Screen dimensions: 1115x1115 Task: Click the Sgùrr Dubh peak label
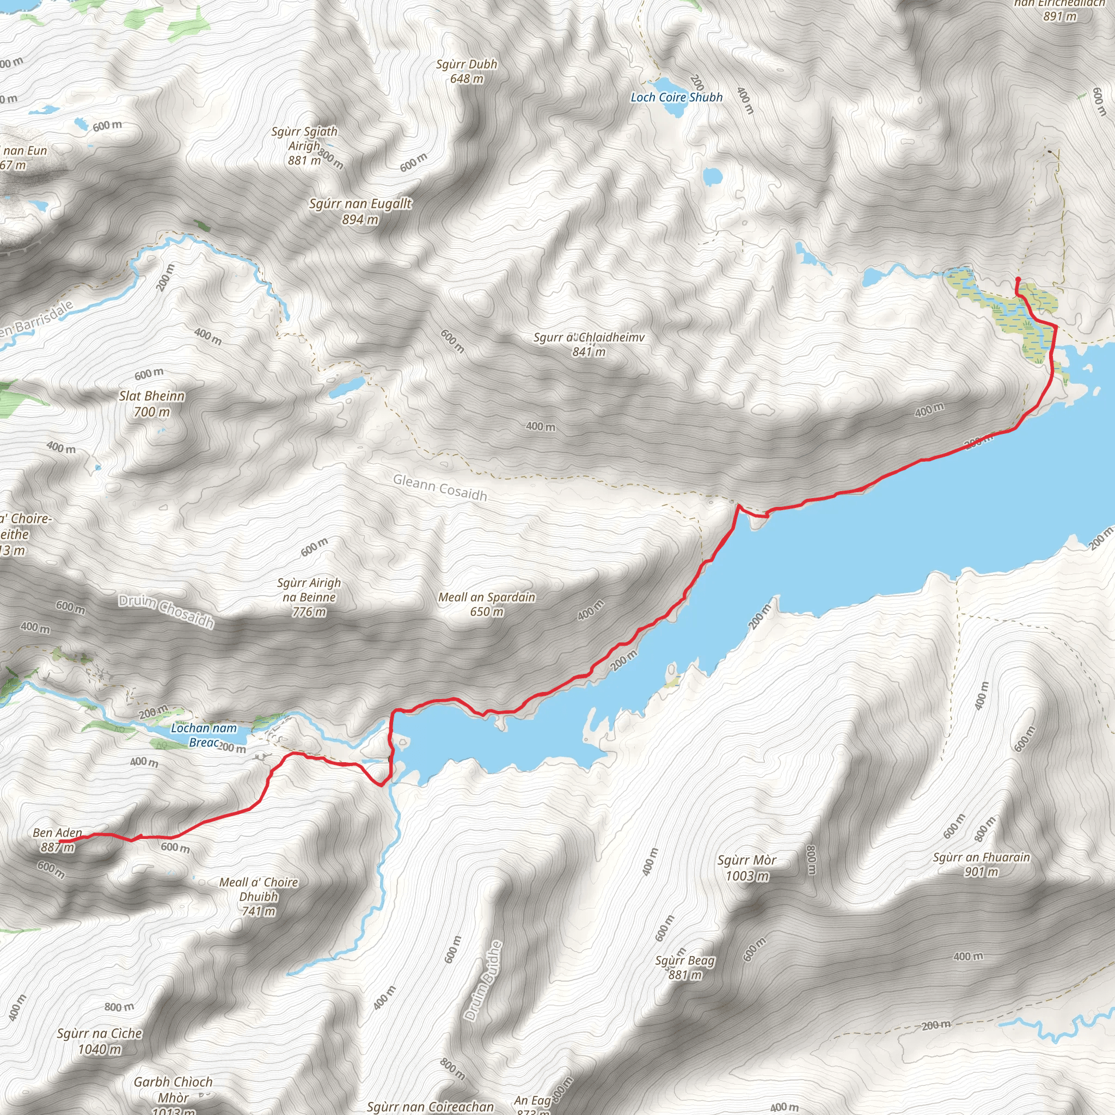point(467,64)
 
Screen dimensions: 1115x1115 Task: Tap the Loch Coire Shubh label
point(676,97)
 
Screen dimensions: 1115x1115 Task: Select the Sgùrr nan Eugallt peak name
point(360,204)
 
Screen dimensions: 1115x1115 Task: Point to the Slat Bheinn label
point(152,396)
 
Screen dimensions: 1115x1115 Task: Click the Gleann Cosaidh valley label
point(440,488)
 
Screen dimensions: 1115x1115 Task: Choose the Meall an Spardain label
point(487,597)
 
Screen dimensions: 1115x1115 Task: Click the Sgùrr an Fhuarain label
point(981,857)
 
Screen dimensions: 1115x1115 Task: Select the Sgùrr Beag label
point(684,961)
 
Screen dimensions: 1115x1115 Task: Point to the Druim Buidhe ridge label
point(483,981)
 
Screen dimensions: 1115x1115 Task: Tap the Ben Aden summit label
point(57,833)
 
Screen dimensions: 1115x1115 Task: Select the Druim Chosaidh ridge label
point(166,612)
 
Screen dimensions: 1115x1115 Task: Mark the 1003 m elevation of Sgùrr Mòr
point(747,876)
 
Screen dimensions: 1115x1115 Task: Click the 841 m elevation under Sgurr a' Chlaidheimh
point(589,352)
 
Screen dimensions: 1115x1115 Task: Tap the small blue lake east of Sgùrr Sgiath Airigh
point(712,176)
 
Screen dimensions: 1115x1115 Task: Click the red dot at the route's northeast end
point(1018,280)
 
